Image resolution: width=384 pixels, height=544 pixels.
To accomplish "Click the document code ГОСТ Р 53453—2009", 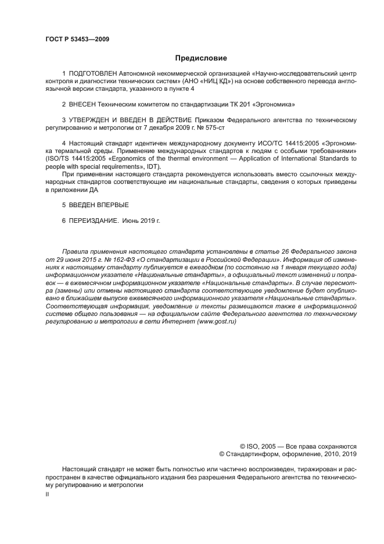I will (77, 40).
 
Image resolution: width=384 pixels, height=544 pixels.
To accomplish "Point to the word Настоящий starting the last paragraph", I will (80, 469).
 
